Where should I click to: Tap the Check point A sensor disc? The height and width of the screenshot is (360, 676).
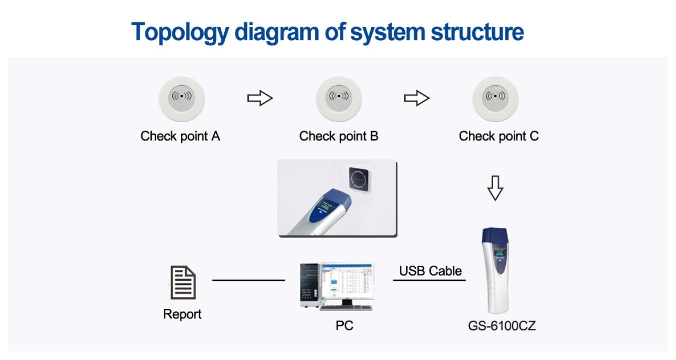[181, 98]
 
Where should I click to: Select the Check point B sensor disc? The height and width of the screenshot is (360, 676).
[339, 98]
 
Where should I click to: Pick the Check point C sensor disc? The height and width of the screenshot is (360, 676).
[495, 98]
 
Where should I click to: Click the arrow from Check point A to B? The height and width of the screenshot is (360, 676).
[260, 98]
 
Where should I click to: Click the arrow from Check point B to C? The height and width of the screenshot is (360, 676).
[416, 98]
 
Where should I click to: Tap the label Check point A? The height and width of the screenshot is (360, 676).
[180, 136]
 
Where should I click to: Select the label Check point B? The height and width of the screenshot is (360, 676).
[338, 136]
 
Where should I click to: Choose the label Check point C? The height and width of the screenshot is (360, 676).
[499, 136]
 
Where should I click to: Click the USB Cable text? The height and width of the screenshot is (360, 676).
[430, 271]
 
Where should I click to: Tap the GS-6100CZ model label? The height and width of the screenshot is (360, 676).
[502, 326]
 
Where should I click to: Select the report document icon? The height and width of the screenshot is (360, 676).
[182, 283]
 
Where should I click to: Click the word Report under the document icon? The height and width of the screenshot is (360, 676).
[182, 314]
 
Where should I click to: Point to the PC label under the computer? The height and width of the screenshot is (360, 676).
[344, 326]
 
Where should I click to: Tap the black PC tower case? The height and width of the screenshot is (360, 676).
[309, 285]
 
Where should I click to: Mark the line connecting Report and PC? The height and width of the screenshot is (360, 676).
[249, 280]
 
